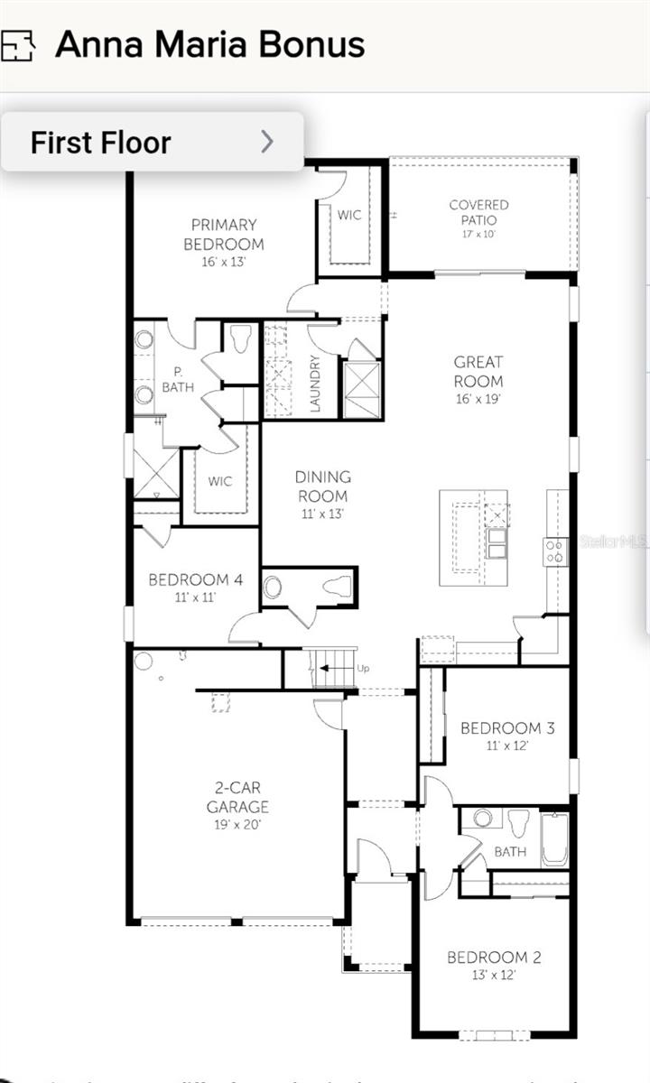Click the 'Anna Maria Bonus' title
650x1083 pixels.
(209, 44)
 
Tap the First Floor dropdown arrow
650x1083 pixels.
(266, 142)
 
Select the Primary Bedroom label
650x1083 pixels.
(224, 234)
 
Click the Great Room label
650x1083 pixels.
(478, 371)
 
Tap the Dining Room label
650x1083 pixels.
(322, 486)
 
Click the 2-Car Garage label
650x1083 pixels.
(237, 798)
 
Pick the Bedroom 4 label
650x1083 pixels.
(194, 579)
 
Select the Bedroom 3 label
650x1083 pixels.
(507, 728)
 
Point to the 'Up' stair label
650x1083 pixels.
(363, 668)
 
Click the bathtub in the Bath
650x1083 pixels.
(555, 840)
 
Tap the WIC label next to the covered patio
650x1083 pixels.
(349, 215)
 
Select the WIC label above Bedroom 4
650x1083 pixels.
(220, 481)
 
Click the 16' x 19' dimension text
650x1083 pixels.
(478, 397)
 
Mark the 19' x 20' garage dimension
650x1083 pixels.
(237, 824)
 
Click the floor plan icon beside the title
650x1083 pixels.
(16, 44)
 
